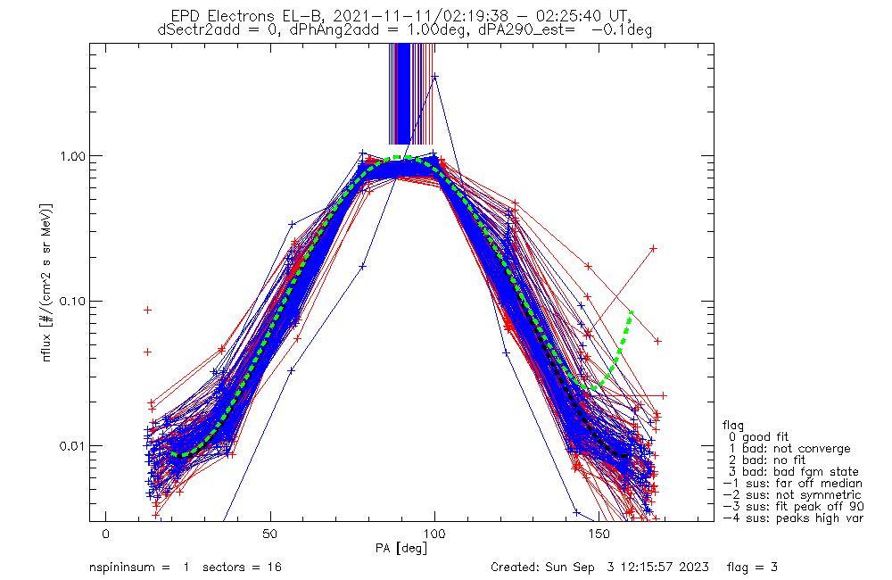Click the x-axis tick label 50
[x=270, y=534]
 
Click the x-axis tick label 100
[x=434, y=534]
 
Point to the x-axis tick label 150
[x=599, y=534]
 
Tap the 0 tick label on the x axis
[x=106, y=534]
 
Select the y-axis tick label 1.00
[x=72, y=156]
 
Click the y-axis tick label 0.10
[x=72, y=301]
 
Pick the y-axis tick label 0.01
[x=72, y=445]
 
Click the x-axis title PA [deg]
[x=401, y=549]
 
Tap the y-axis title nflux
[x=46, y=346]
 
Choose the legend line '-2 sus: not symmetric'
[x=792, y=495]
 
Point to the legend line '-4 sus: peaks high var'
[x=793, y=518]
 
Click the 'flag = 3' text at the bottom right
[x=752, y=568]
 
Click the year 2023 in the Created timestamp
[x=695, y=568]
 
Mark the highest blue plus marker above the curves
[x=434, y=76]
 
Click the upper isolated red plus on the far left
[x=148, y=311]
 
